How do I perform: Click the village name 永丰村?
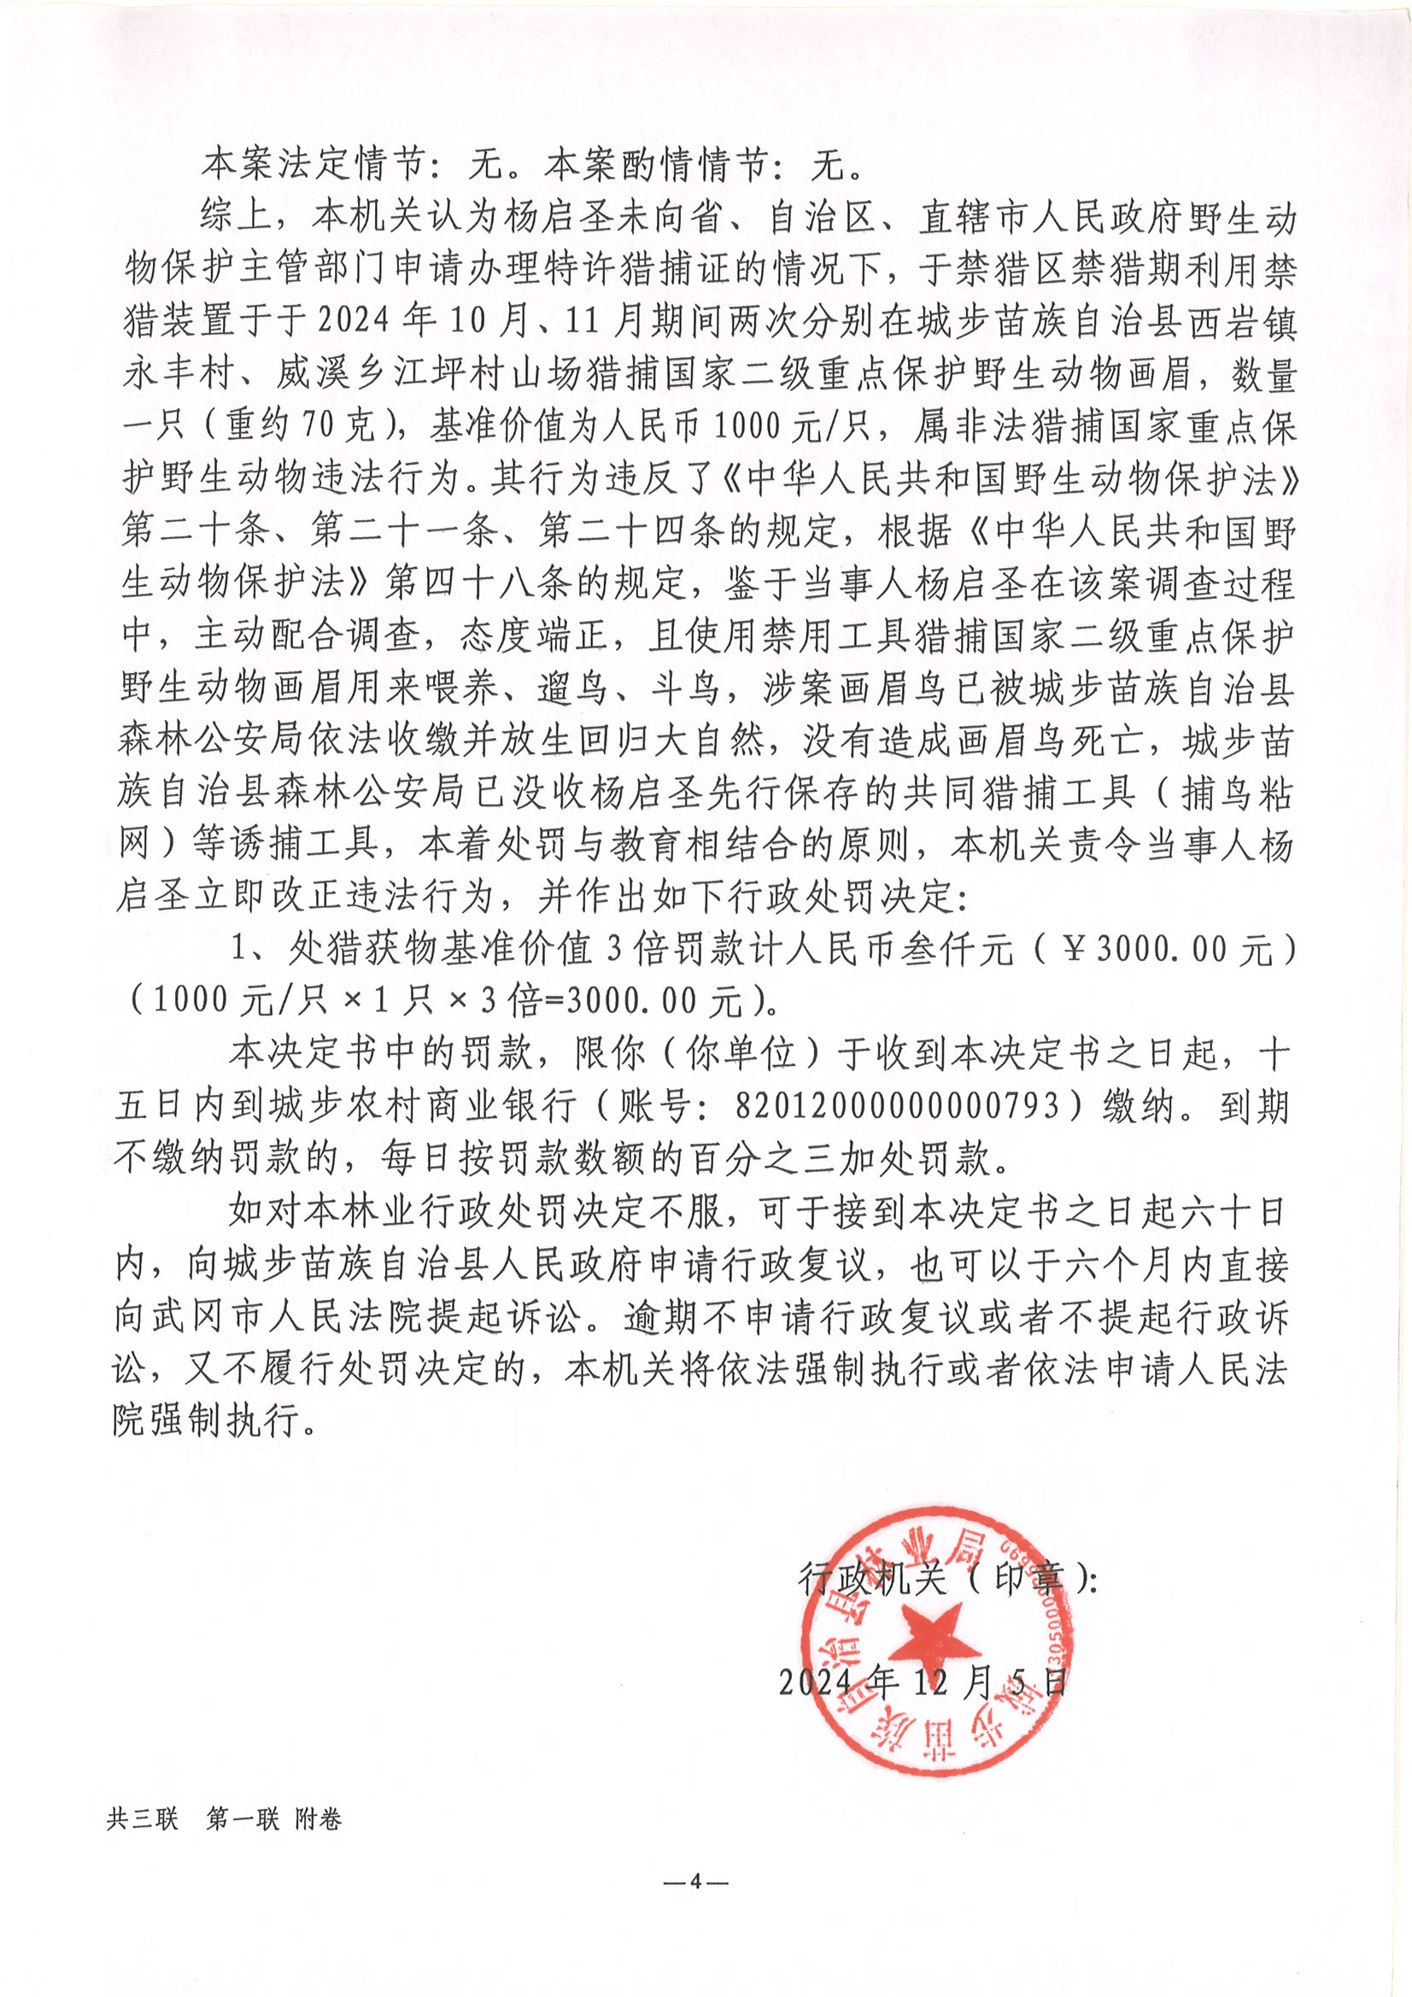[x=179, y=374]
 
